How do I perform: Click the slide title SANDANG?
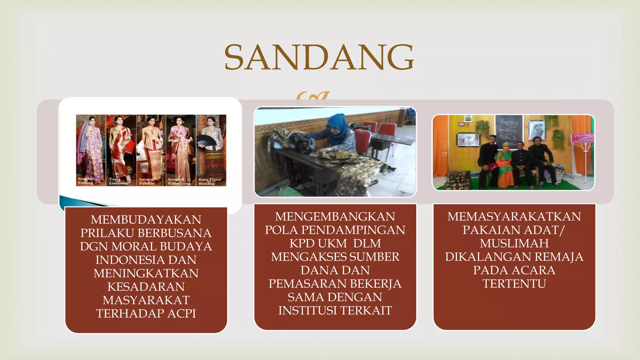(x=319, y=57)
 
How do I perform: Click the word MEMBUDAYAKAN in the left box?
(x=146, y=220)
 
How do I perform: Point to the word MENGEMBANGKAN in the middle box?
(x=335, y=217)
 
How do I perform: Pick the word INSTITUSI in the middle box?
(x=307, y=311)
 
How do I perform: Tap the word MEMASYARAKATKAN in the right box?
(x=514, y=217)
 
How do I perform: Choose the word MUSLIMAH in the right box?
(x=514, y=243)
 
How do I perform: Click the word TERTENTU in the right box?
(x=514, y=284)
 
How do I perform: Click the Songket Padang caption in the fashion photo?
(x=86, y=181)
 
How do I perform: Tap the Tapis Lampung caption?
(x=118, y=181)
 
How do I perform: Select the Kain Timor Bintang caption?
(x=210, y=182)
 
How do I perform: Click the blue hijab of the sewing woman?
(x=337, y=125)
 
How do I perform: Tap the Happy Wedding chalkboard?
(x=509, y=130)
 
